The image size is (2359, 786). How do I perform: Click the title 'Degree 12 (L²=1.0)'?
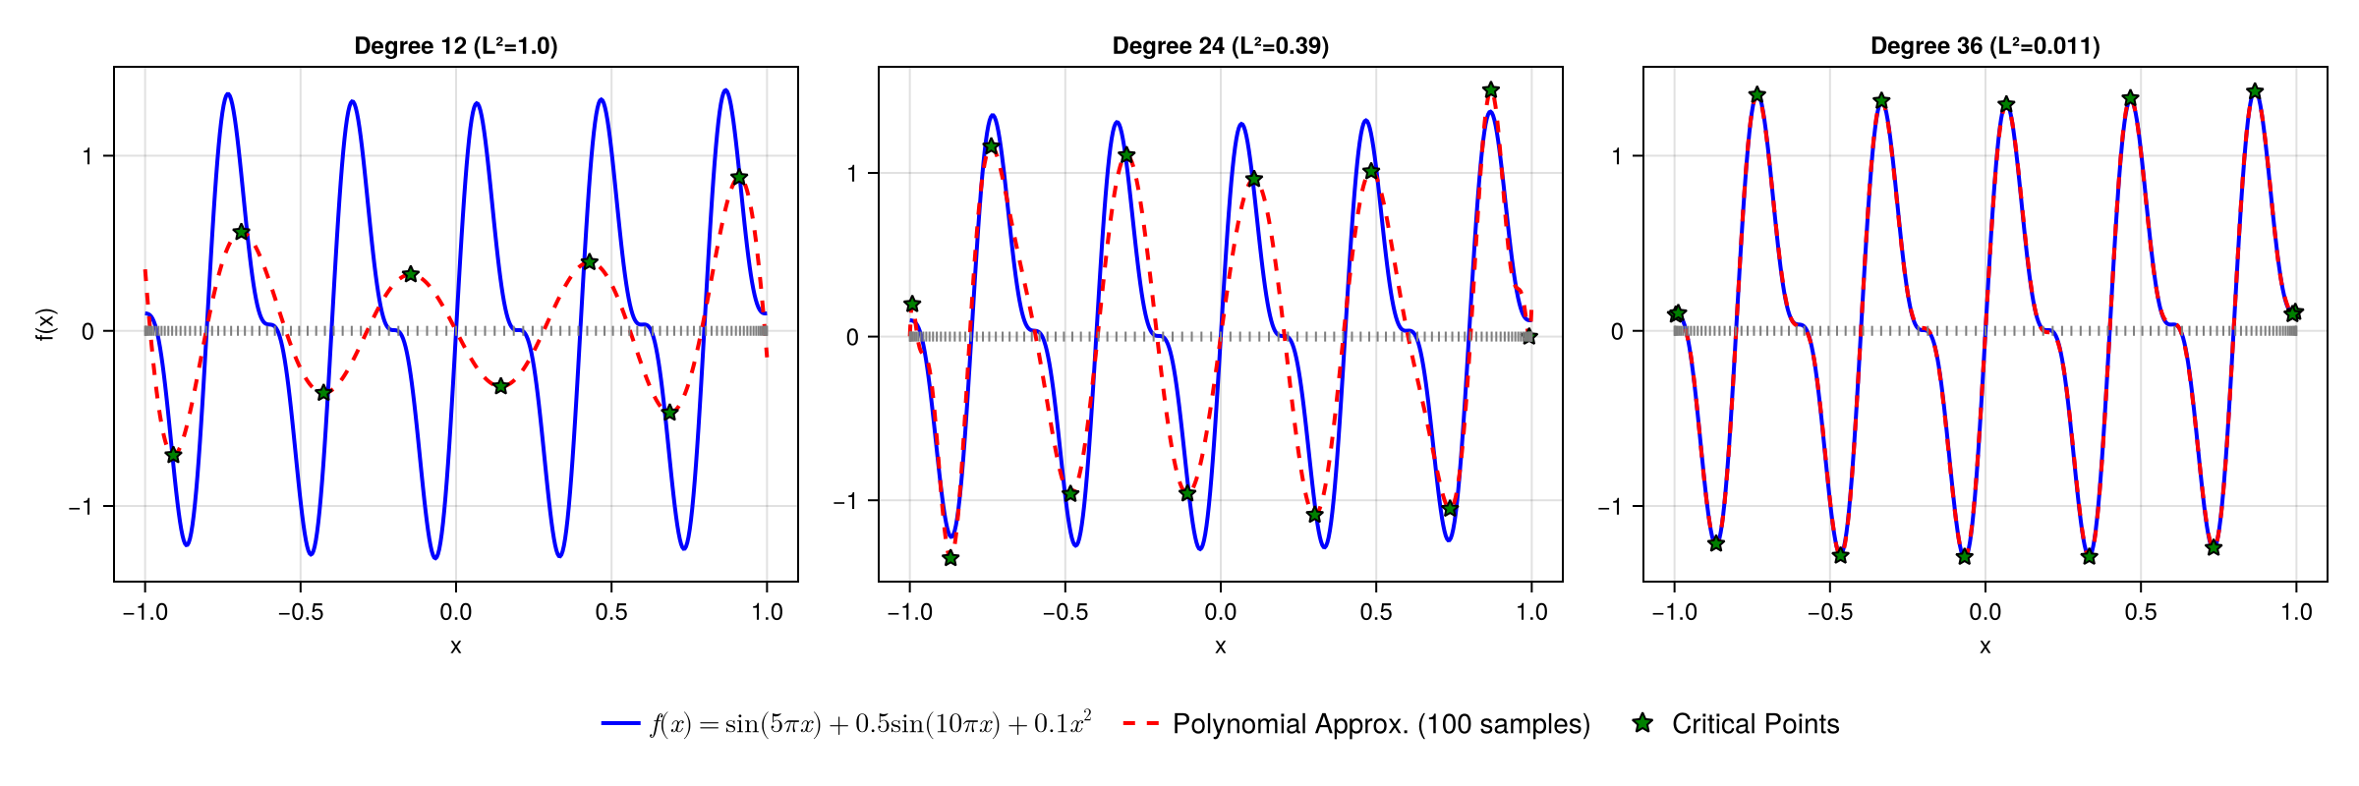click(x=455, y=46)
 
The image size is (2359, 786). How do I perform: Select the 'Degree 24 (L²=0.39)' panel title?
click(x=1220, y=46)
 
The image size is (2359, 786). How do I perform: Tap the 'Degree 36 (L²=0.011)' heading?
click(x=1985, y=46)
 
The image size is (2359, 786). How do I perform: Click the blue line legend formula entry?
click(x=870, y=724)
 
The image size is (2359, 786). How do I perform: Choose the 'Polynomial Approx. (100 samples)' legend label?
click(x=1381, y=724)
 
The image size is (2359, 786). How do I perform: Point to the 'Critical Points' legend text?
click(x=1755, y=724)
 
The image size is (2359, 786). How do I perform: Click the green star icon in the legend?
click(x=1642, y=723)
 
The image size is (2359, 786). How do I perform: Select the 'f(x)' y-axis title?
click(x=45, y=324)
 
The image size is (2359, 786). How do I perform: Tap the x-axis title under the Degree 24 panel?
click(x=1220, y=646)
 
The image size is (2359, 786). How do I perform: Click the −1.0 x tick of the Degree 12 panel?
click(x=144, y=612)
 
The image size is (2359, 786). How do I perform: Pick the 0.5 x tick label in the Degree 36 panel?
click(x=2141, y=612)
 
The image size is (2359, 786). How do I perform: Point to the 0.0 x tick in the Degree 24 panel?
click(x=1220, y=612)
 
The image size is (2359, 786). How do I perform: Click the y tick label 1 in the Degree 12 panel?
click(x=87, y=156)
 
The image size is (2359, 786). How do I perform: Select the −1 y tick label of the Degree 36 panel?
click(x=1609, y=507)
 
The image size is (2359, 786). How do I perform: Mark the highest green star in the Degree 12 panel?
click(x=739, y=178)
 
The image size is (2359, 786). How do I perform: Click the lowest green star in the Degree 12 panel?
click(x=173, y=455)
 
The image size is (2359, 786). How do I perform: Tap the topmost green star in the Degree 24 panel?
click(x=1491, y=90)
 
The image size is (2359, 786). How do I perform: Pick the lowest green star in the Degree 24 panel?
click(x=950, y=558)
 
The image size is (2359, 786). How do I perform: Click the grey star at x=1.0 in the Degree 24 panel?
click(x=1529, y=337)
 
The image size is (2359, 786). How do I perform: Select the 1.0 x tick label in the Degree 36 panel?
click(x=2296, y=612)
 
